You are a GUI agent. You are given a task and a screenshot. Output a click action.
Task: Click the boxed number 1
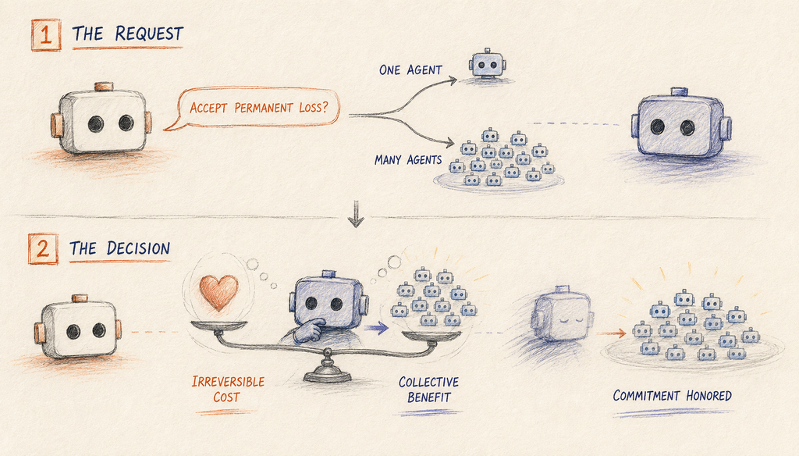pos(46,34)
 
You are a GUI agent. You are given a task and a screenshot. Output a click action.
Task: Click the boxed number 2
pos(44,248)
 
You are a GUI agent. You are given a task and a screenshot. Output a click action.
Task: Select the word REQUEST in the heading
pos(149,34)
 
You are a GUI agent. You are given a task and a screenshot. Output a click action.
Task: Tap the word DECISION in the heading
pos(138,248)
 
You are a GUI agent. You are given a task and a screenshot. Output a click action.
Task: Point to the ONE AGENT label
pos(410,69)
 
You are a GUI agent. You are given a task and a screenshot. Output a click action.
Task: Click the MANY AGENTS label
pos(408,160)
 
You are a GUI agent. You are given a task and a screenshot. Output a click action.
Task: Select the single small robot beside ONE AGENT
pos(487,63)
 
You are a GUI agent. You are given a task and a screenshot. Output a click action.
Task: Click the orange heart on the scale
pos(218,292)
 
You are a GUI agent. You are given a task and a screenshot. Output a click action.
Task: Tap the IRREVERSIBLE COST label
pos(228,389)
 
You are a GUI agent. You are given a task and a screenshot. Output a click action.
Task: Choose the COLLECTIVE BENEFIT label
pos(428,389)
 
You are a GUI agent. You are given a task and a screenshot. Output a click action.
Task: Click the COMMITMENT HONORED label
pos(672,396)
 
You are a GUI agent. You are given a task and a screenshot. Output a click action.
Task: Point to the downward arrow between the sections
pos(356,213)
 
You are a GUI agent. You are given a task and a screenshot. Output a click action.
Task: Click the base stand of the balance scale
pos(327,371)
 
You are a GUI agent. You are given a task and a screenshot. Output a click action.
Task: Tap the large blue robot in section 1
pos(681,124)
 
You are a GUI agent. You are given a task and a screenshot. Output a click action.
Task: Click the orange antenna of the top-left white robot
pos(104,86)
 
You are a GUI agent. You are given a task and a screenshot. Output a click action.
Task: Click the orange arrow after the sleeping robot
pos(611,333)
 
